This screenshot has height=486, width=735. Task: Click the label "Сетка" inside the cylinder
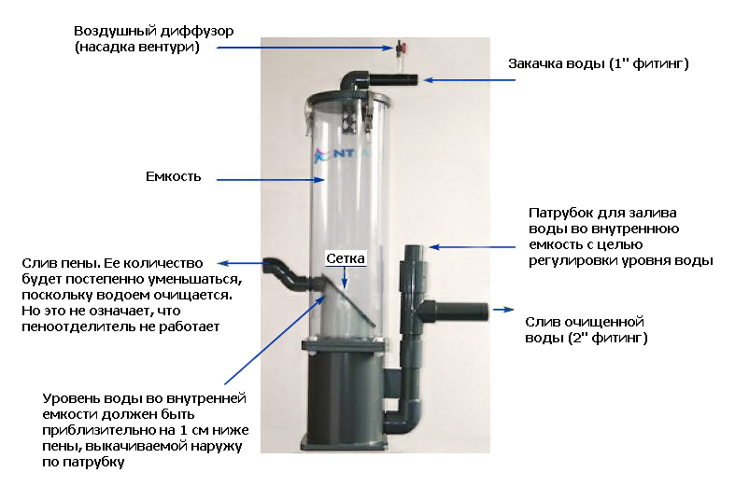click(345, 258)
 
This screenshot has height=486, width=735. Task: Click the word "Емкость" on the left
click(174, 176)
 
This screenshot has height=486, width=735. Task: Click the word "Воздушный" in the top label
click(115, 32)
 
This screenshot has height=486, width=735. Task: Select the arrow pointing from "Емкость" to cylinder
click(270, 179)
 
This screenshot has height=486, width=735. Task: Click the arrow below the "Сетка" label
click(345, 277)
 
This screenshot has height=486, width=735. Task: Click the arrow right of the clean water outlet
click(503, 310)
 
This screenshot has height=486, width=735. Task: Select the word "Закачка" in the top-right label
click(535, 63)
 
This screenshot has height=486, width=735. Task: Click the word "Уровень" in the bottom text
click(70, 399)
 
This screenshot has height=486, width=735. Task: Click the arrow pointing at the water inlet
click(470, 80)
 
